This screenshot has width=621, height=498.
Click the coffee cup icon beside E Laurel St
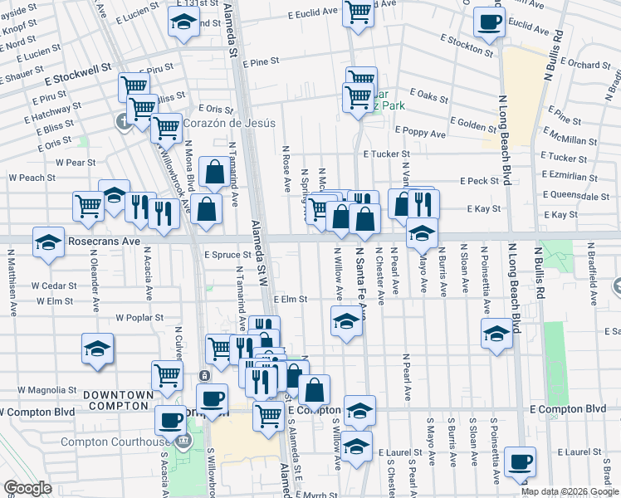(x=521, y=461)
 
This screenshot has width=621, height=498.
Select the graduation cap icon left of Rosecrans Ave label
(x=49, y=242)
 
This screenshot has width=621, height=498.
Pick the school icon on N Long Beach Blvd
(x=496, y=334)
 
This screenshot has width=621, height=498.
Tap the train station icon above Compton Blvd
(x=203, y=376)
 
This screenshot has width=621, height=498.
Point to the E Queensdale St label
(x=575, y=197)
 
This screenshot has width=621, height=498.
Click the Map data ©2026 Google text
(x=570, y=491)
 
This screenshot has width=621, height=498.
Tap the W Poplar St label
(x=142, y=317)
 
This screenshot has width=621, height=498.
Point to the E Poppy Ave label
(x=420, y=133)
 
